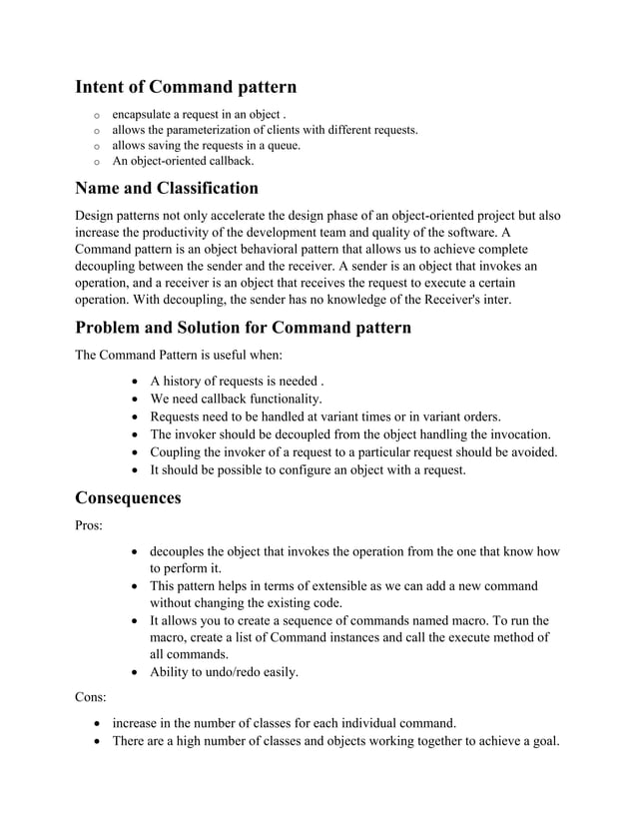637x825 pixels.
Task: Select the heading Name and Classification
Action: point(167,188)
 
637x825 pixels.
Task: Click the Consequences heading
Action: point(128,497)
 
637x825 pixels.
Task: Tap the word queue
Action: point(282,145)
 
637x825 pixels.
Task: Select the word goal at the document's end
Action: point(543,740)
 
